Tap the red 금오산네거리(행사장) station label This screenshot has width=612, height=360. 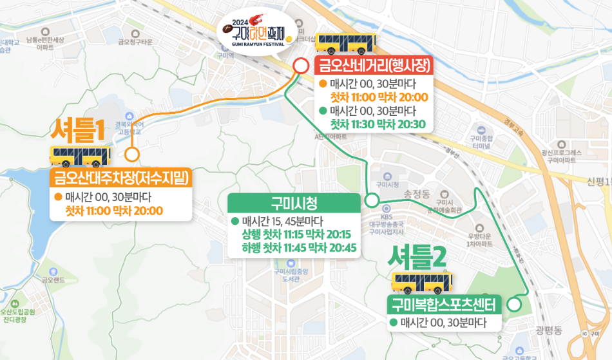click(x=373, y=65)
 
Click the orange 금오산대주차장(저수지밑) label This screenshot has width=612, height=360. click(x=121, y=177)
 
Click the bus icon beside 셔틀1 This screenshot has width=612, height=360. click(x=81, y=155)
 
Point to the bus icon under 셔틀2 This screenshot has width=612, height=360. click(x=423, y=282)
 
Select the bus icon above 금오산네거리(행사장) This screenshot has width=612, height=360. click(x=346, y=43)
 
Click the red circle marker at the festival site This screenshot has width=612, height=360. click(x=301, y=66)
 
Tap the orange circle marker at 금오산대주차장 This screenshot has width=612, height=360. click(x=132, y=154)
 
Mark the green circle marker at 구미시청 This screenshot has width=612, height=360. click(x=372, y=200)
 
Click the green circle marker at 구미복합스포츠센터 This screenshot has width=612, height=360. click(x=514, y=304)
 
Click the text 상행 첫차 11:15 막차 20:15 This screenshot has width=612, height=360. click(x=296, y=234)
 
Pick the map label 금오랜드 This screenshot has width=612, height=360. click(x=50, y=279)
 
